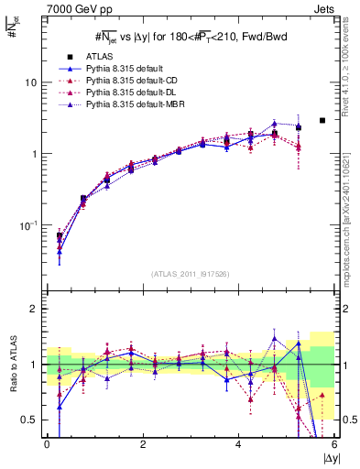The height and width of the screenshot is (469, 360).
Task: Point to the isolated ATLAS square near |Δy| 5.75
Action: (x=322, y=120)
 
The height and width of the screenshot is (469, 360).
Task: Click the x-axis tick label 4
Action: (x=239, y=444)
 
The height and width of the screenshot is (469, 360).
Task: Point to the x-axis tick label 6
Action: (x=334, y=444)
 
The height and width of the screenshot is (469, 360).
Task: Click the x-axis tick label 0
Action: (x=47, y=444)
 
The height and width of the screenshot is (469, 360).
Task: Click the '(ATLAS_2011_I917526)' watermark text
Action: (x=191, y=274)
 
